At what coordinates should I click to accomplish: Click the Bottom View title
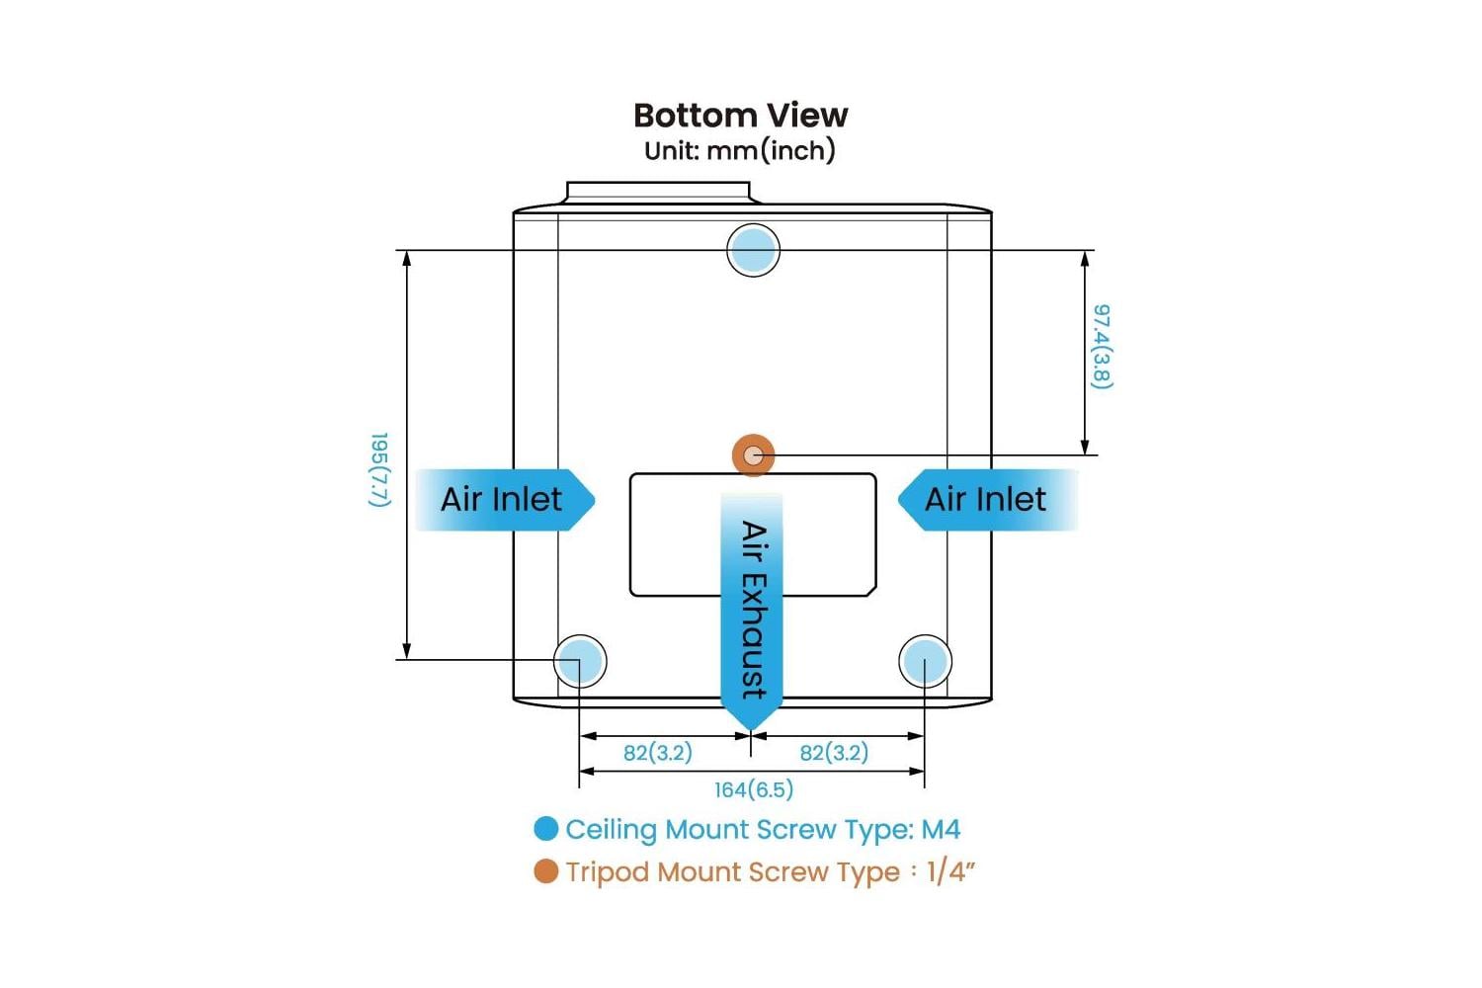740,116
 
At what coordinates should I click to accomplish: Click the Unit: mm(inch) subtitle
740,150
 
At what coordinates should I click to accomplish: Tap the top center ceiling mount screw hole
753,250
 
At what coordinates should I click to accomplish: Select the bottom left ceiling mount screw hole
580,661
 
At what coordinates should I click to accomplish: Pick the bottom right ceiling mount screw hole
925,661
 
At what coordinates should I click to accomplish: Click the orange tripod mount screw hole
754,455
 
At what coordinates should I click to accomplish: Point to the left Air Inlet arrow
504,500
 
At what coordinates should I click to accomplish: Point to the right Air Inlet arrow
986,500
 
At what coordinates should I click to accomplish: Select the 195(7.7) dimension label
379,469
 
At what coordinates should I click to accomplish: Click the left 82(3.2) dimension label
657,753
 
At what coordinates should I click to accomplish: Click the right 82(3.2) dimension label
834,753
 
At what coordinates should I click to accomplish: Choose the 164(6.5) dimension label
753,789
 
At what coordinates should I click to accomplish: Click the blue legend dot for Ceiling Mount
546,829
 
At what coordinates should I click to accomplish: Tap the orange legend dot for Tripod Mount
546,871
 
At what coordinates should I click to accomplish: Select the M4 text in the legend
941,829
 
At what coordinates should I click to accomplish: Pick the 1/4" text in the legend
950,871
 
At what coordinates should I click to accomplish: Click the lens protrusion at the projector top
658,192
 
